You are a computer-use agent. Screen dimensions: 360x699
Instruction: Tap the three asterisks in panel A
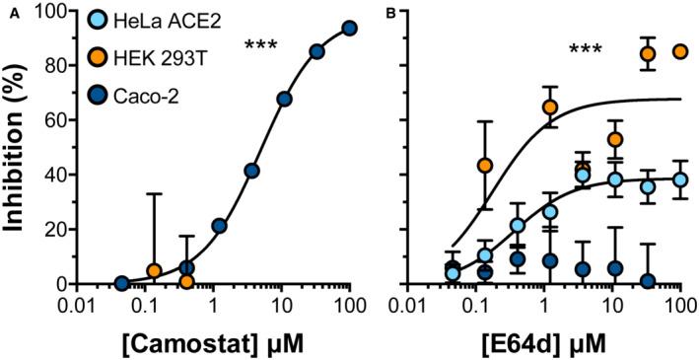[262, 45]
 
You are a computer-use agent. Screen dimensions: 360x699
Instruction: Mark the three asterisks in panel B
[591, 49]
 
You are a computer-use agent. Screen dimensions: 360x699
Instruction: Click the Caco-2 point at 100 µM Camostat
[349, 29]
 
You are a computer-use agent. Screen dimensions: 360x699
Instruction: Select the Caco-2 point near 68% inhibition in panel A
[284, 99]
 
